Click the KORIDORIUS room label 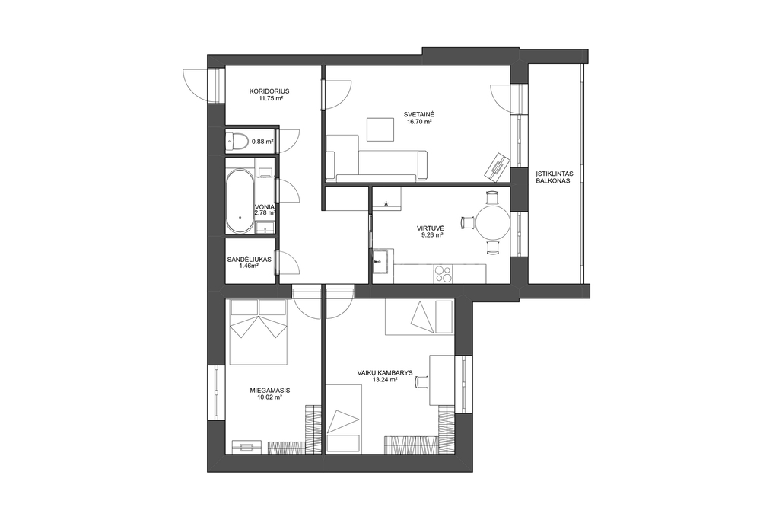tap(269, 91)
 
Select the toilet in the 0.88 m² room tap(237, 141)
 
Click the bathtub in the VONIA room tap(240, 201)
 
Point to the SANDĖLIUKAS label tap(249, 260)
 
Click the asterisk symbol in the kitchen tap(386, 203)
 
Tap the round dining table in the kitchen tap(493, 223)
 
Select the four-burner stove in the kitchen tap(444, 274)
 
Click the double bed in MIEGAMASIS tap(259, 333)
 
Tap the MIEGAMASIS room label tap(270, 391)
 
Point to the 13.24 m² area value tap(384, 379)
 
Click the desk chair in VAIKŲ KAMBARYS tap(421, 381)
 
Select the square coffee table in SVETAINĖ tap(380, 129)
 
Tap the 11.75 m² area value tap(270, 98)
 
